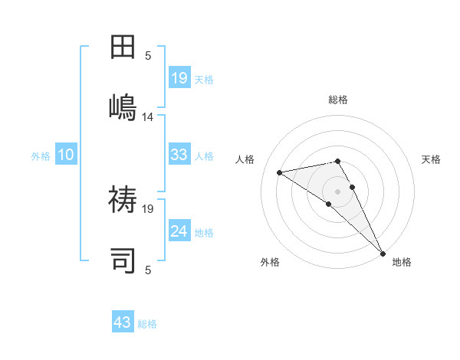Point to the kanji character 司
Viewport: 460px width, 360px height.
(123, 260)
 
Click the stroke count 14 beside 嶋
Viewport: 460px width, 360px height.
(148, 117)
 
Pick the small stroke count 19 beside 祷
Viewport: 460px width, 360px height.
(148, 208)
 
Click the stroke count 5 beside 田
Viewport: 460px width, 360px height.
(148, 55)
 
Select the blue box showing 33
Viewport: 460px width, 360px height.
(179, 155)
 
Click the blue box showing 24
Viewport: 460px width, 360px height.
(179, 231)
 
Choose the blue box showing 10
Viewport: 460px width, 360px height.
(65, 155)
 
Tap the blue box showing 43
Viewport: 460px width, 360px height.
(123, 322)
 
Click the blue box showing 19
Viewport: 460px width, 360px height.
(179, 78)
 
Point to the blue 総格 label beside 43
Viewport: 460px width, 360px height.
(147, 324)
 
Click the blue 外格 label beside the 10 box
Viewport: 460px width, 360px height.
(41, 156)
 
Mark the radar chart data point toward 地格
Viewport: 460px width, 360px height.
(382, 253)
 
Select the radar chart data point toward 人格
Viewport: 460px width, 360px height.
(280, 172)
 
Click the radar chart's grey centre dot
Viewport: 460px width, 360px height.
(337, 191)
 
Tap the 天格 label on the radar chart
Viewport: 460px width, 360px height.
(431, 159)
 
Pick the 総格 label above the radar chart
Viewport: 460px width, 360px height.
(337, 100)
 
